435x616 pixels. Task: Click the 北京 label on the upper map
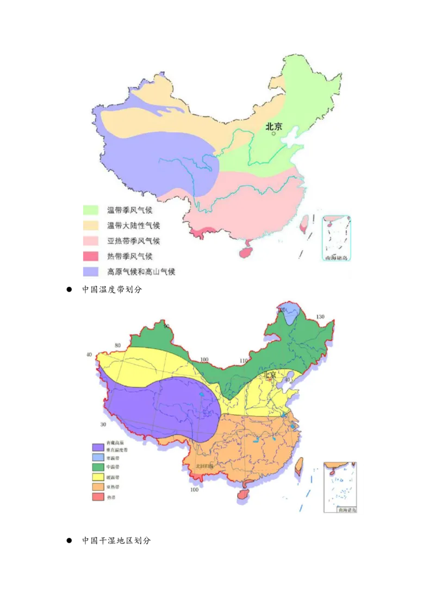(274, 126)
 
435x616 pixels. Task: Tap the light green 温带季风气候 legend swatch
(91, 210)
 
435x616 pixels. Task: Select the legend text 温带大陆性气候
(134, 225)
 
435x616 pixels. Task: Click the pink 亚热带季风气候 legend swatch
(91, 241)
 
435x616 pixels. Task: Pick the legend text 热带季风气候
(130, 256)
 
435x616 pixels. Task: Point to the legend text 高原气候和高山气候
(141, 272)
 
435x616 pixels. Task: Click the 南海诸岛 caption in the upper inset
(337, 257)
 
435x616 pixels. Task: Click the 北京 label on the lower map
(271, 375)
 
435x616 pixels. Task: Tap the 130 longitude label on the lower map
(320, 317)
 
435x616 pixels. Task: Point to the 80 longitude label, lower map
(117, 346)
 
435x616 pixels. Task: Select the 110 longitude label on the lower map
(243, 360)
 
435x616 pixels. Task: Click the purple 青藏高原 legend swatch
(98, 447)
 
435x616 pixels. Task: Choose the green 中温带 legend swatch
(98, 466)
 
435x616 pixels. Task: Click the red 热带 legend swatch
(98, 497)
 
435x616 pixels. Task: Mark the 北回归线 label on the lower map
(205, 466)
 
